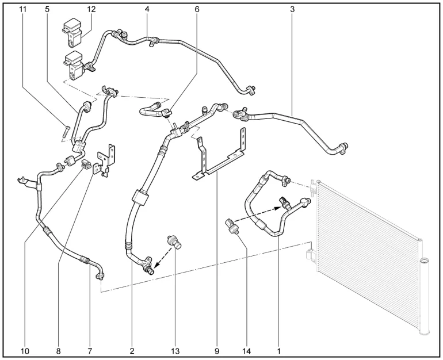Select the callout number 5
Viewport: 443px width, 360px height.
click(47, 10)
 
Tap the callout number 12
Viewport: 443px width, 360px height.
click(91, 10)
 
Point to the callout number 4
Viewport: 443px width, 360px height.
click(147, 10)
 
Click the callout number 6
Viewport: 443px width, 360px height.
click(197, 10)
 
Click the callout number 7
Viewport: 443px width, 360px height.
click(90, 350)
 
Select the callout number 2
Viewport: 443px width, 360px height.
click(132, 350)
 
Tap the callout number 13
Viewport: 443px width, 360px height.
click(174, 350)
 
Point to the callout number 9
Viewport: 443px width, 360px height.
click(217, 350)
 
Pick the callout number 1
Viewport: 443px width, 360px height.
click(279, 350)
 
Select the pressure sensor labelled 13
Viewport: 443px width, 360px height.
click(174, 242)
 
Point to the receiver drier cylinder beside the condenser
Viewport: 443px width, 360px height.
click(426, 296)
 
